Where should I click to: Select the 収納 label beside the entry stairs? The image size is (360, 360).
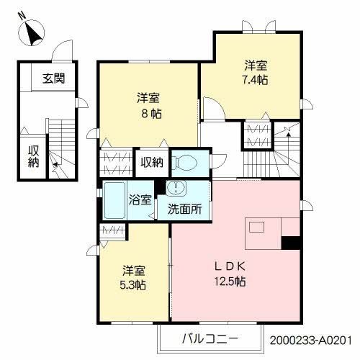pos(34,156)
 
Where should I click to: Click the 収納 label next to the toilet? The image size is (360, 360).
pos(152,162)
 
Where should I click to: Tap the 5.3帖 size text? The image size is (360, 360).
pos(133,284)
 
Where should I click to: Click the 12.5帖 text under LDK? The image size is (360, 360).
pos(231,281)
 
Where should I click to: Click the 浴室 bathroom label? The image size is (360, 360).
pos(140,199)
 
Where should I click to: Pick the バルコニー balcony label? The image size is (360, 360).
pos(210,338)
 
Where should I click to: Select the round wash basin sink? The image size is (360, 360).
pos(176,189)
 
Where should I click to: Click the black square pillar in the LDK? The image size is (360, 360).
pos(290,243)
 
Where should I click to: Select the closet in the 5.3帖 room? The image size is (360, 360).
pos(112,232)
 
